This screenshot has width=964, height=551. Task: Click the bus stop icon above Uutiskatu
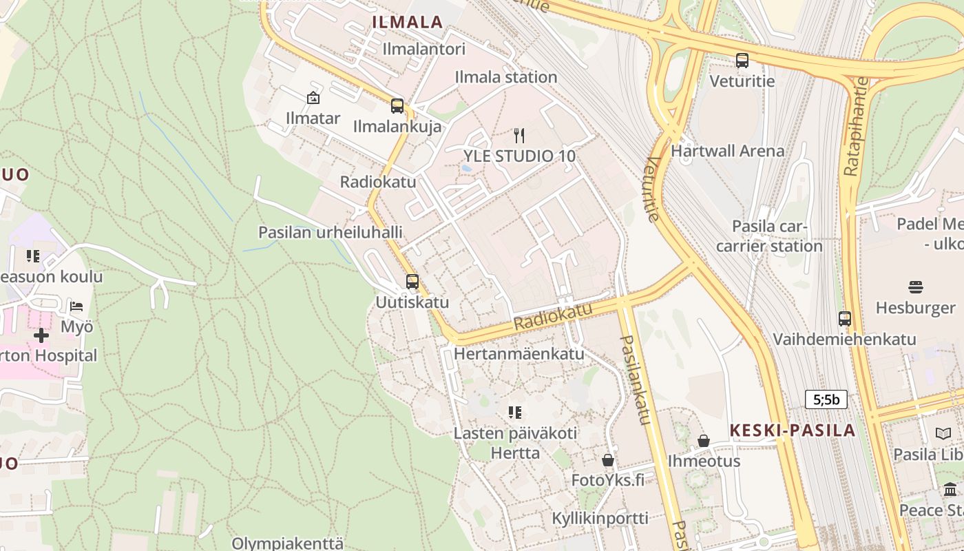(x=412, y=282)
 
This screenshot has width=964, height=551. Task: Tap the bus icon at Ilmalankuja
(x=397, y=106)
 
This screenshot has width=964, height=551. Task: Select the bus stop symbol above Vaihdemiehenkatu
(x=845, y=319)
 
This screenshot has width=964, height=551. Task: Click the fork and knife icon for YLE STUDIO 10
(x=519, y=136)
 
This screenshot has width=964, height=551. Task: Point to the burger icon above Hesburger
(x=915, y=287)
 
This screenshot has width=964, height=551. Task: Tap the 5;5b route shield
(x=826, y=399)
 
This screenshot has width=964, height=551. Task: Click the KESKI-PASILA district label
(x=792, y=430)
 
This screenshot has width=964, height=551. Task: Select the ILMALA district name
(x=407, y=22)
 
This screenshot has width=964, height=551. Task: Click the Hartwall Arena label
(x=727, y=151)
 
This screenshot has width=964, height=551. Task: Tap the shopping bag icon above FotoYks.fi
(x=608, y=459)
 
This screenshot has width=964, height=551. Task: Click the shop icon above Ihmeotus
(x=704, y=441)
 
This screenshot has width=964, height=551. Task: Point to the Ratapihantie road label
(x=852, y=145)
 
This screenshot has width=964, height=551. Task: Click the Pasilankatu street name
(x=636, y=380)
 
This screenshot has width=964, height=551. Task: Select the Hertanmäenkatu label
(x=519, y=354)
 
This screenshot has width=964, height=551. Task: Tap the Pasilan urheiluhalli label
(x=330, y=232)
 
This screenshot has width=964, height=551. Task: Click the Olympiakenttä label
(x=287, y=543)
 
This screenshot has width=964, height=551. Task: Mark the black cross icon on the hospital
(x=41, y=335)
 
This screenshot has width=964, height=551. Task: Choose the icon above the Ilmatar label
(x=313, y=98)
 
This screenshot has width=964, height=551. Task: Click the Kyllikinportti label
(x=600, y=518)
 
